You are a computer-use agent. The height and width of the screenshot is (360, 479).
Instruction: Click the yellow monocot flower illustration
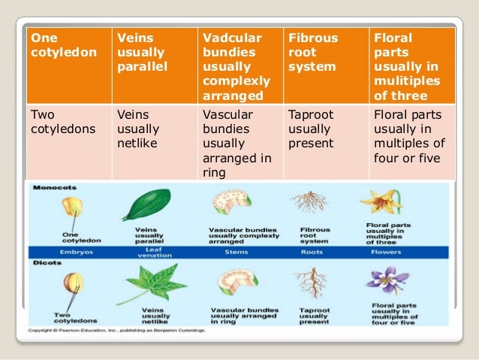pos(386,202)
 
